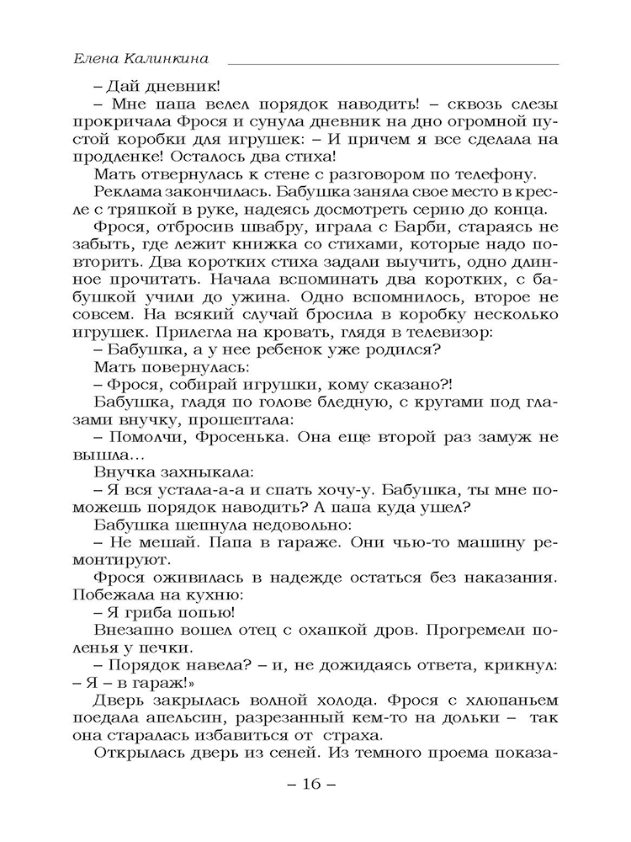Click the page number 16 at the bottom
tap(310, 784)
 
